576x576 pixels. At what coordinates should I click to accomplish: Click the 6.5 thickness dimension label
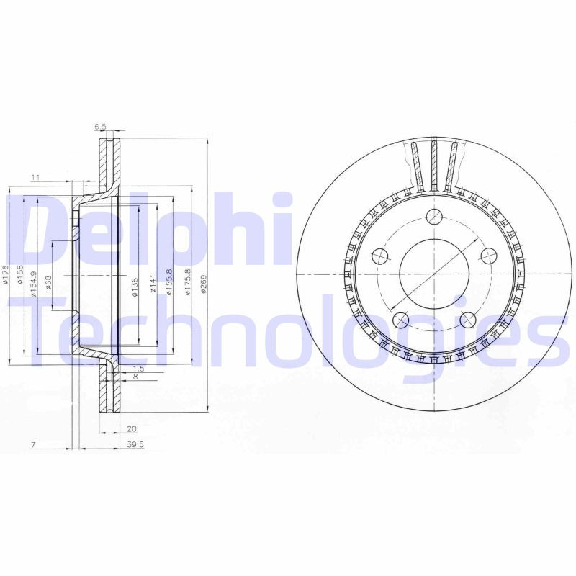pos(101,127)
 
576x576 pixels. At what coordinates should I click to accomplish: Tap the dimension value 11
pos(35,177)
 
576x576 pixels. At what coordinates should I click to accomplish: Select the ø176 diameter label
pos(6,274)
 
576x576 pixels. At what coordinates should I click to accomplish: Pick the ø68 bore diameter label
pos(49,282)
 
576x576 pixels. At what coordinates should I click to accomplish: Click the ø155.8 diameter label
pos(170,281)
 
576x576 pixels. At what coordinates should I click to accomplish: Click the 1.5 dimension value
pos(139,368)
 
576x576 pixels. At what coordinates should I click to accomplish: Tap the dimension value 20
pos(131,426)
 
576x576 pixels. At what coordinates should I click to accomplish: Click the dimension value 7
pos(34,445)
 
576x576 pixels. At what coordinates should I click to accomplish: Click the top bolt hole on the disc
pos(434,215)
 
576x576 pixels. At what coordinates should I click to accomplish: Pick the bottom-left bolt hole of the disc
pos(401,319)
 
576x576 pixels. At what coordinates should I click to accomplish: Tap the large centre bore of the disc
pos(434,274)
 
